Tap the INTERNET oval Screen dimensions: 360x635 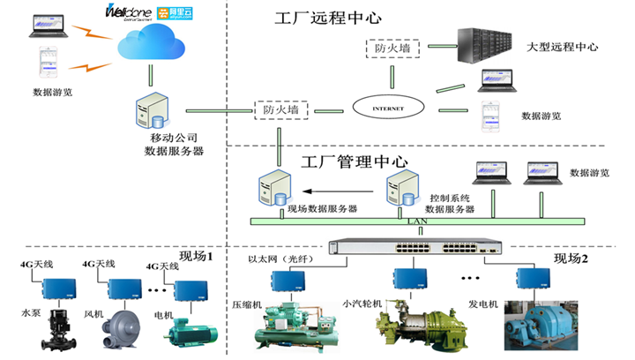point(389,109)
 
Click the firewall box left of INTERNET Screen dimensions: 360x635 point(280,110)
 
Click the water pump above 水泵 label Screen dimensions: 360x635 point(46,326)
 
